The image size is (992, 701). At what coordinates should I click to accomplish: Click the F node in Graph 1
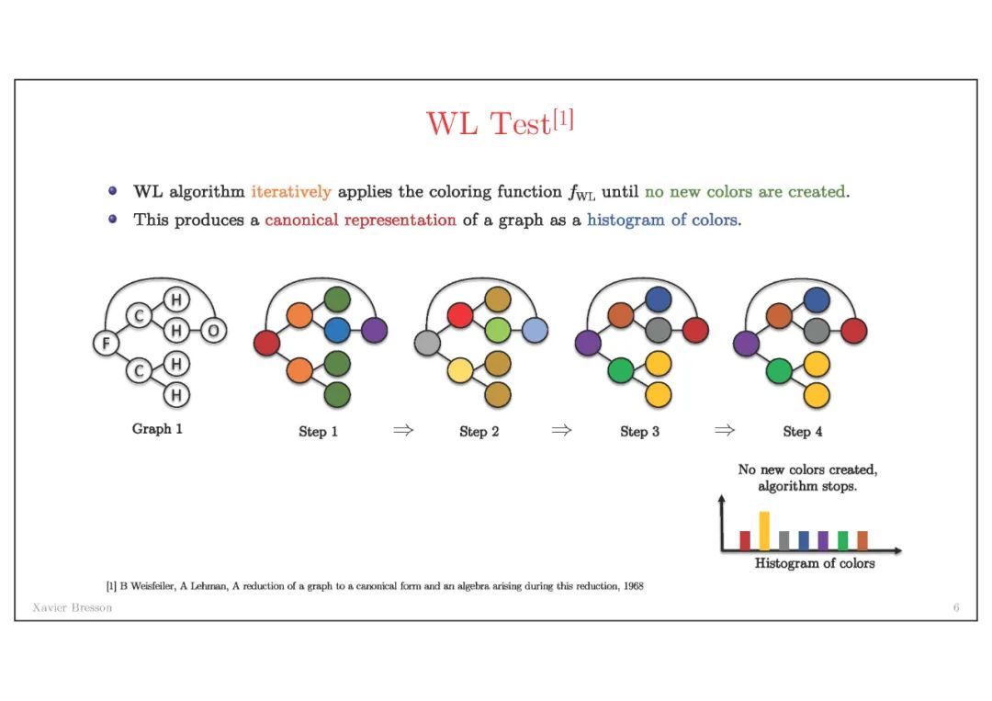(107, 344)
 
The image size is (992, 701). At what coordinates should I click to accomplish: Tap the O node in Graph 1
(213, 330)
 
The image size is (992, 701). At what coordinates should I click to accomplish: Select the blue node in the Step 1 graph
(337, 330)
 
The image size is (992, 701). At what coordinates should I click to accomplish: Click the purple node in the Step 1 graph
(374, 330)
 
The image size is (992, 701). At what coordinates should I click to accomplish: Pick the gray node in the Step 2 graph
(428, 344)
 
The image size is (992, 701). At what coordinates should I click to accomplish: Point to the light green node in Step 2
(497, 330)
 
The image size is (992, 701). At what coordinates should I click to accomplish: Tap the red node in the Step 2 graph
(460, 315)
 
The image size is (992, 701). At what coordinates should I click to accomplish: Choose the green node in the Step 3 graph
(621, 371)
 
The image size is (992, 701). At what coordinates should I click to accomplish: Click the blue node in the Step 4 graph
(817, 300)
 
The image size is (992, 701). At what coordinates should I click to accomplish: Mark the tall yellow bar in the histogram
(764, 531)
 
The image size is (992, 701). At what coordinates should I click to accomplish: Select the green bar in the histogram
(842, 540)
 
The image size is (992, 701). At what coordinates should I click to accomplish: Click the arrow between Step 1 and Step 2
(401, 430)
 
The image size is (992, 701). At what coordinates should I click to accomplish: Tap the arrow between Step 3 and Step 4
(724, 430)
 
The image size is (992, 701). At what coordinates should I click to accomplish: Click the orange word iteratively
(290, 192)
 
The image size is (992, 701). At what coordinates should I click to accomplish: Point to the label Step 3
(639, 431)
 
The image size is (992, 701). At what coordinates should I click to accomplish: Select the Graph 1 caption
(157, 429)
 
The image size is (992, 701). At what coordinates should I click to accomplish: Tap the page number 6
(956, 608)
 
